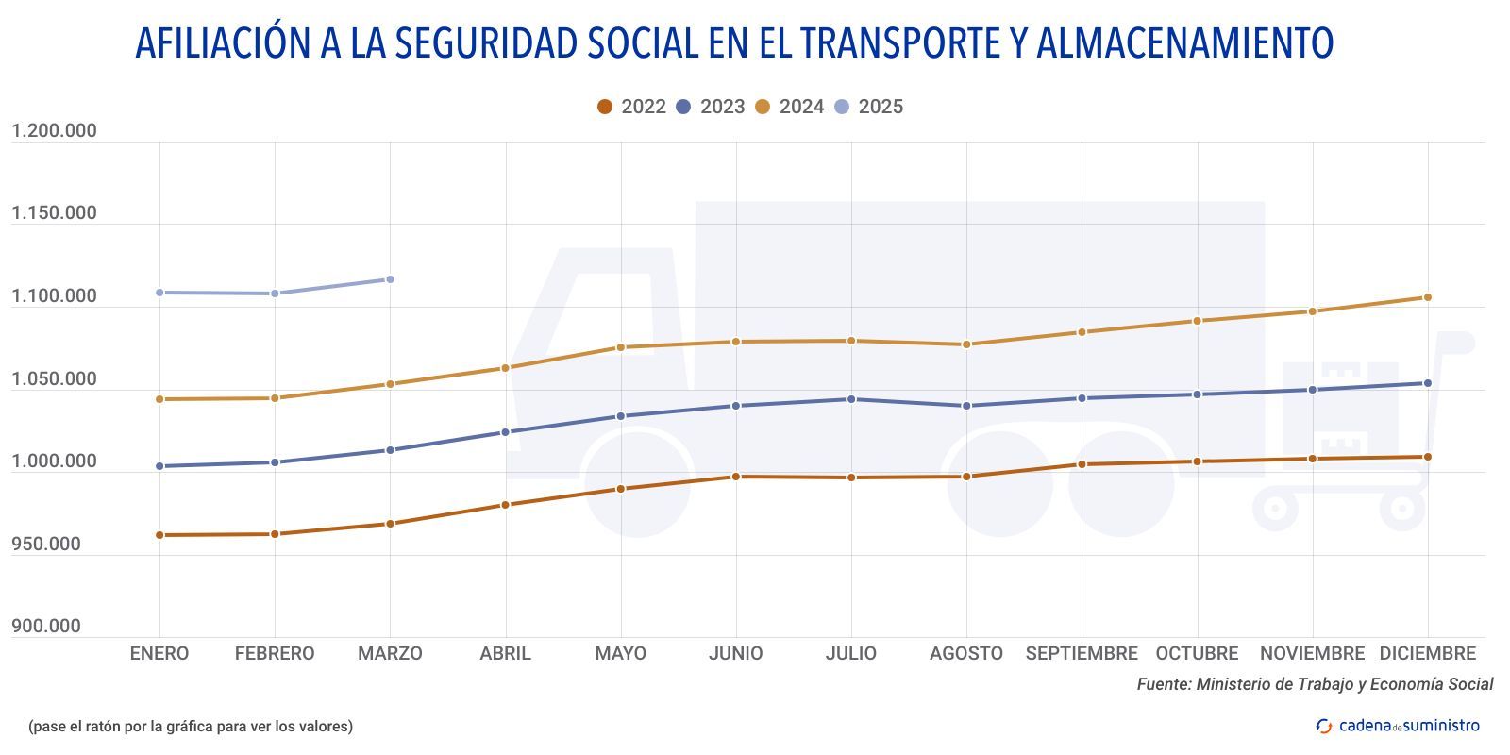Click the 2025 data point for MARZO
click(390, 279)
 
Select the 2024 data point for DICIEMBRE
click(1427, 297)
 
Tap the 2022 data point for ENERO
click(159, 535)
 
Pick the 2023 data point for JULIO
click(851, 399)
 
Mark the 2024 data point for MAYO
click(621, 347)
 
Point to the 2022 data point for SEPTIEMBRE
click(1082, 464)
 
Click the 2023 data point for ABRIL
click(505, 432)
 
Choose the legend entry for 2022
click(631, 107)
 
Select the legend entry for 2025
click(869, 107)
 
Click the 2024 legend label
click(801, 107)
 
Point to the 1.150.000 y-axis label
click(54, 213)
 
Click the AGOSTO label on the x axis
click(966, 653)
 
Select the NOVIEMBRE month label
click(1312, 653)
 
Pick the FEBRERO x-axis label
click(275, 653)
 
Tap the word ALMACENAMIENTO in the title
click(1184, 43)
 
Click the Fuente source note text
click(1315, 684)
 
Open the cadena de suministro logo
click(1398, 726)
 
